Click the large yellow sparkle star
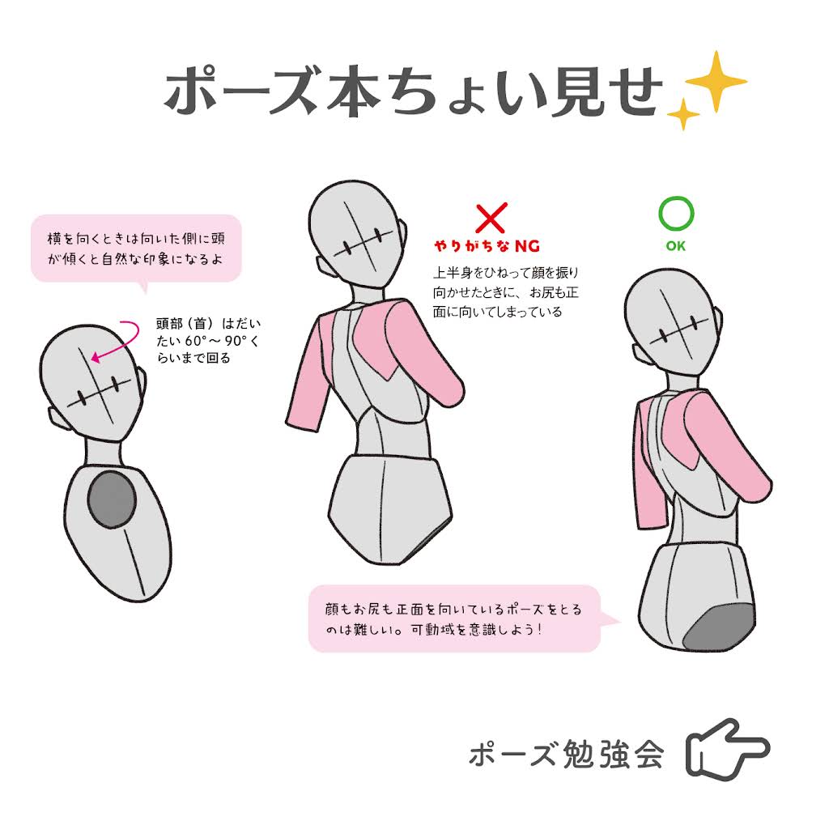716,82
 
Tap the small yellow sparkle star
682,114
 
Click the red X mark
491,217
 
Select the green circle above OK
676,214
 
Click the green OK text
676,246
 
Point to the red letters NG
527,246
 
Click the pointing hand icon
728,749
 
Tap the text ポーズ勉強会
566,754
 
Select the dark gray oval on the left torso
112,499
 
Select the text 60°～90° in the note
215,341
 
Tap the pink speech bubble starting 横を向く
136,249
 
